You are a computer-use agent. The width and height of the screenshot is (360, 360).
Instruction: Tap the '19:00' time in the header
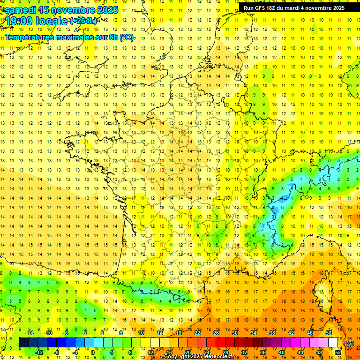pos(20,21)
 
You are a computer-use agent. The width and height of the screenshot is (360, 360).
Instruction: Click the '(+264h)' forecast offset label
pos(83,21)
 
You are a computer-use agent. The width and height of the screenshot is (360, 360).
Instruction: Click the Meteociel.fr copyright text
pos(199,357)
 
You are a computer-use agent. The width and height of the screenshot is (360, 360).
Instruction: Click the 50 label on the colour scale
pos(329,333)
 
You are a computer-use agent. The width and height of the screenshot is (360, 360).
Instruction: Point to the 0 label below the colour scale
pos(93,352)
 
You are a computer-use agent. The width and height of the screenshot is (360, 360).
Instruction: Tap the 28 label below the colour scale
pos(225,352)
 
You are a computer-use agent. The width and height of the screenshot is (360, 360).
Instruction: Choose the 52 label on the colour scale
pos(338,352)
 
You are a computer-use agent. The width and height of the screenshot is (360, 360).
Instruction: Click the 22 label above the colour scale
pos(197,333)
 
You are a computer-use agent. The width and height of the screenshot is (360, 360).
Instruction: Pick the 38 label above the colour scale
pos(272,333)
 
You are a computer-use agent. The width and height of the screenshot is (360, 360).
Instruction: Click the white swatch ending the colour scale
pos(333,343)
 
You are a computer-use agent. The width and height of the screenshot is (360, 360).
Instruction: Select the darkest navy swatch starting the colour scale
pos(23,343)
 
